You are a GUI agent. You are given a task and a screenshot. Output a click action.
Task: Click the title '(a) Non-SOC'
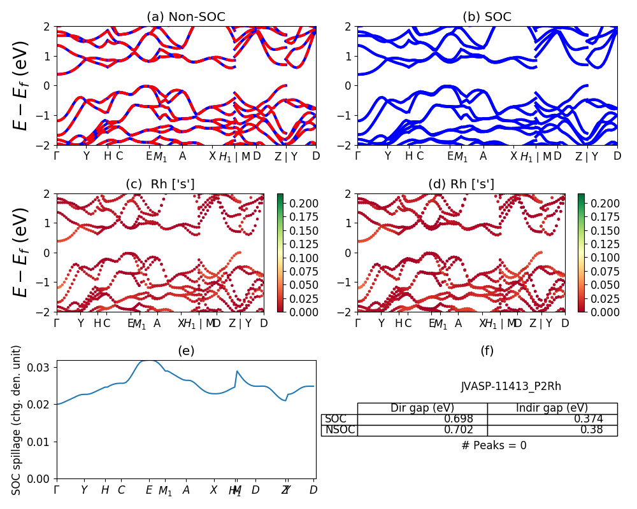click(186, 17)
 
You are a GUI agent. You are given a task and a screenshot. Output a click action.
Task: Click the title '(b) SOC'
click(487, 17)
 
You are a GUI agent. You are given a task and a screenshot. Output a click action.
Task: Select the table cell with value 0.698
click(422, 419)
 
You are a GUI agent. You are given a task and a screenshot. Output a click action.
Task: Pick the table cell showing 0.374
click(552, 419)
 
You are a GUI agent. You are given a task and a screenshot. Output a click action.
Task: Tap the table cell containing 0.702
click(422, 431)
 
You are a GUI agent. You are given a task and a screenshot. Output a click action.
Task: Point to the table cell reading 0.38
click(552, 431)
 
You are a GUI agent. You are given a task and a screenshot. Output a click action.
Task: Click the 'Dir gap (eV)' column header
click(422, 408)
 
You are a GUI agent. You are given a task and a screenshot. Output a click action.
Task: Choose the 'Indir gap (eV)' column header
click(552, 408)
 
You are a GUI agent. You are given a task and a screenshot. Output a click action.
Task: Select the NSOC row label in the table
click(339, 431)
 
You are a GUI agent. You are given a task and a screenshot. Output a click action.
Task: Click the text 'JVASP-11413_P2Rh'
click(512, 386)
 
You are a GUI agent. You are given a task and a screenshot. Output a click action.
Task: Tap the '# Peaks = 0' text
click(494, 446)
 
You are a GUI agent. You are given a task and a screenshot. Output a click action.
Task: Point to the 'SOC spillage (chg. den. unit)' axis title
click(17, 420)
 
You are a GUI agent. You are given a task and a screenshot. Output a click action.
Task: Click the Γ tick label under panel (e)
click(57, 490)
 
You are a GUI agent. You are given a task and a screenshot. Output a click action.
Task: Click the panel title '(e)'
click(186, 351)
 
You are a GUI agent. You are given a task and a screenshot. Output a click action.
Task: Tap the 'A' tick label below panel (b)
click(483, 157)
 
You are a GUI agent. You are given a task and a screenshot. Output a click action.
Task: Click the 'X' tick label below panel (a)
click(213, 157)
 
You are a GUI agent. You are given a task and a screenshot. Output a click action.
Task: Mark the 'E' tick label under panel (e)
click(149, 490)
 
